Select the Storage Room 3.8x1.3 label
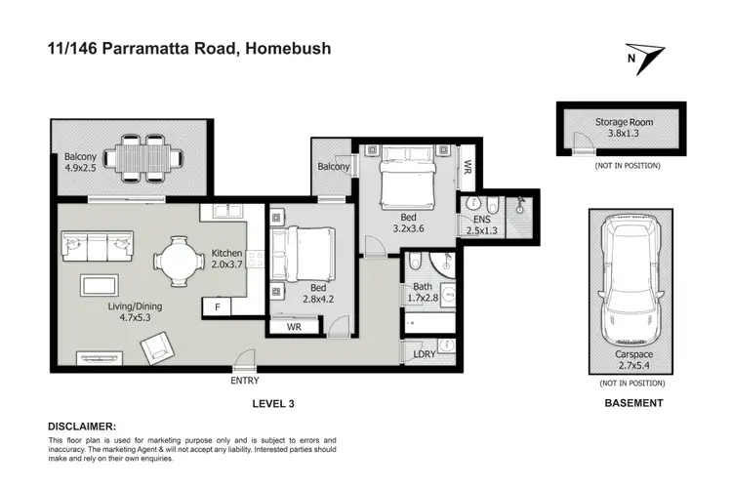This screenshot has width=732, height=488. pos(625,128)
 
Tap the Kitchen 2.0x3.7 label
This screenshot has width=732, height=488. pos(226,261)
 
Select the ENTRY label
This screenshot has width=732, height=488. pos(245,380)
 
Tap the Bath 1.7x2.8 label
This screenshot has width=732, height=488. pos(424,292)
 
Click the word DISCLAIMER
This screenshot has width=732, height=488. pos(82,427)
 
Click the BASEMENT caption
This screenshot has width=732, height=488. pos(634,402)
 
